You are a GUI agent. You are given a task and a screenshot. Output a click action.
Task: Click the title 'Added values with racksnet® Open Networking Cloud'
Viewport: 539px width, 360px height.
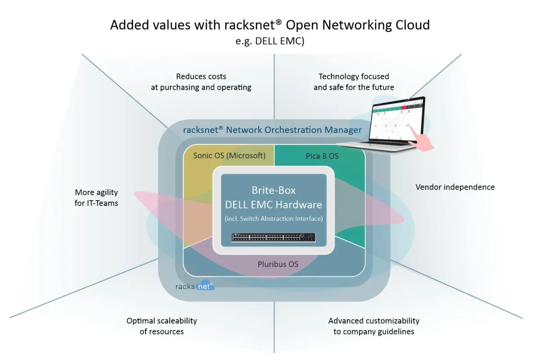tap(269, 24)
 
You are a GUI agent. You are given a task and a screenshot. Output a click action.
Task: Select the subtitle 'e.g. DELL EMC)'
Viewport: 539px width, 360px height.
tap(269, 41)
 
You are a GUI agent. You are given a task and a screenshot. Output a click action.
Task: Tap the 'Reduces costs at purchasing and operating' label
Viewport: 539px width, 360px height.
tap(201, 82)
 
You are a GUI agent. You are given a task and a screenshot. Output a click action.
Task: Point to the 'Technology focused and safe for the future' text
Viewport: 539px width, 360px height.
tap(353, 82)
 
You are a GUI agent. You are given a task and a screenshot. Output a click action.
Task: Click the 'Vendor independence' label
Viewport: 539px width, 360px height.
tap(455, 187)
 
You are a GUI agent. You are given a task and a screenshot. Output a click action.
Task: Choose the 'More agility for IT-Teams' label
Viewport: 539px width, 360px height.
tap(96, 198)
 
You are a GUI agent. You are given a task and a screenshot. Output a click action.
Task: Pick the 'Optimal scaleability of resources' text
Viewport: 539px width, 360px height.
tap(162, 326)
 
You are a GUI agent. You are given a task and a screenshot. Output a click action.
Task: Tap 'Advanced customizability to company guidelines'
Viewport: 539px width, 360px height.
tap(374, 326)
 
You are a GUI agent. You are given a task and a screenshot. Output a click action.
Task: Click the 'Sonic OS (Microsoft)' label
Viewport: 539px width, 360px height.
tap(229, 156)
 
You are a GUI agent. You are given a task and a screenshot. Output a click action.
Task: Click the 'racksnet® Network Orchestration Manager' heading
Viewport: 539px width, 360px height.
tap(272, 130)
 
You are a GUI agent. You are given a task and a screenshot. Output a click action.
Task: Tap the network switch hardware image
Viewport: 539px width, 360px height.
tap(274, 237)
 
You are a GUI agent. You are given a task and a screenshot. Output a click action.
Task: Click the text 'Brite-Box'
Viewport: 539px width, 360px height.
tap(274, 190)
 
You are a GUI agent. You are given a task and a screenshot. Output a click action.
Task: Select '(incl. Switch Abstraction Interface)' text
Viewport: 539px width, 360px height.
tap(274, 219)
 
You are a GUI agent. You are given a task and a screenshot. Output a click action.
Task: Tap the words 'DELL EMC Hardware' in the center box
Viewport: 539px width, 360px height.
tap(274, 205)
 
